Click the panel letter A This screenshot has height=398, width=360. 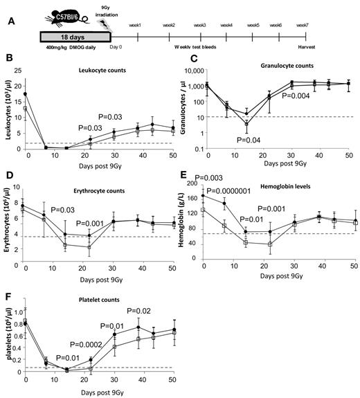click(x=7, y=20)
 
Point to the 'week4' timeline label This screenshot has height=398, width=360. click(x=225, y=26)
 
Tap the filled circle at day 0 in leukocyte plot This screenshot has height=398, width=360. click(x=26, y=93)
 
